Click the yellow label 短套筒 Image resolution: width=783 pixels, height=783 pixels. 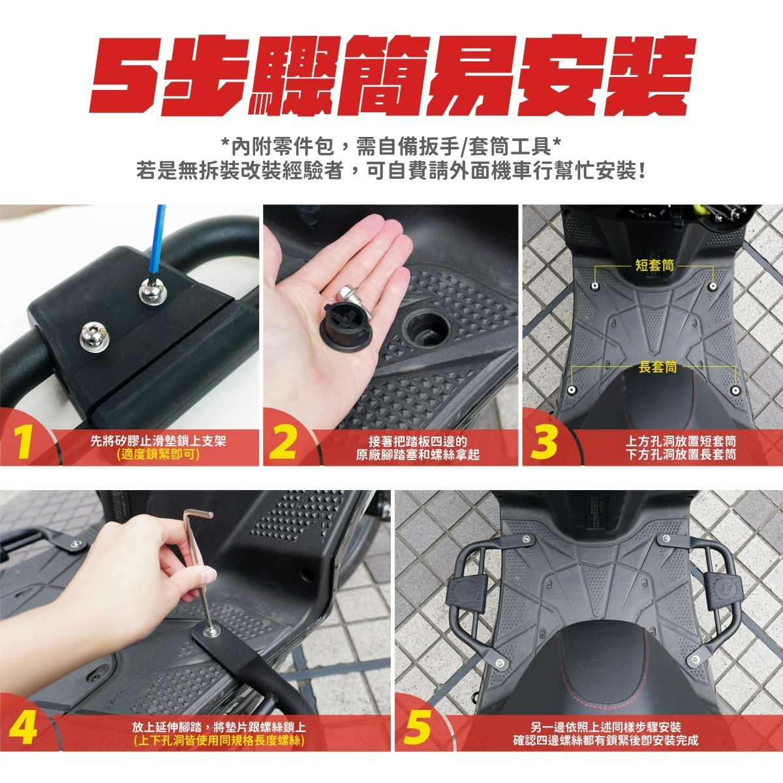coord(654,265)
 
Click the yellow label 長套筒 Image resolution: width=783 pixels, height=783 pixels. coord(658,367)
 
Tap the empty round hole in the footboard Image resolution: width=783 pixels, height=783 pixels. coord(427,328)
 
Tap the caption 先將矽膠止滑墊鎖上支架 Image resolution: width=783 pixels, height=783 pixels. coord(158,441)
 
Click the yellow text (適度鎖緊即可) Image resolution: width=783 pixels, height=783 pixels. coord(158,454)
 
